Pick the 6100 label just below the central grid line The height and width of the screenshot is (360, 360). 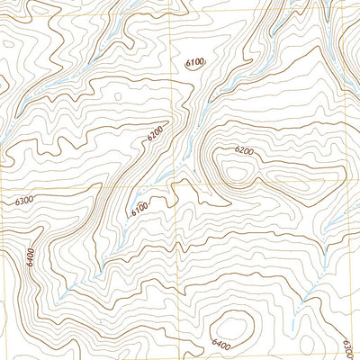point(139,208)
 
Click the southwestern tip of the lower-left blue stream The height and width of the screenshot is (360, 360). point(61,297)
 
